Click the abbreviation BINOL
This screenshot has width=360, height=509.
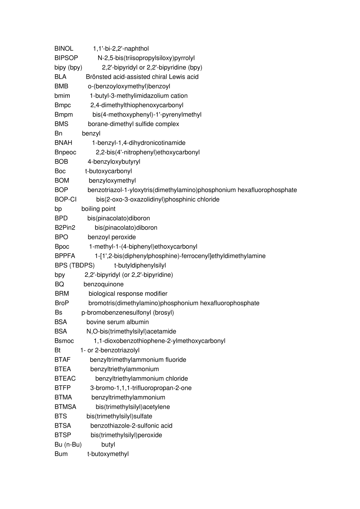click(64, 48)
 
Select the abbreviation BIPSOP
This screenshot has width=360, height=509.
click(66, 58)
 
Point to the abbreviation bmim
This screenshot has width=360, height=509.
click(62, 96)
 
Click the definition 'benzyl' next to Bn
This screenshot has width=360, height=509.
click(91, 133)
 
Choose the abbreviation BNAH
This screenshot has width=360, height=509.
click(63, 143)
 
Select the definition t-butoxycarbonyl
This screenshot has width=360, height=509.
click(108, 171)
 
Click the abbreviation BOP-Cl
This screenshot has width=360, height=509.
click(66, 200)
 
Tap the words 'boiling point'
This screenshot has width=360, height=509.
click(98, 209)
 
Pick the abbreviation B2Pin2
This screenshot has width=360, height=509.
click(65, 228)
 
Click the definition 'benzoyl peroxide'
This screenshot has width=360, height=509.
click(111, 237)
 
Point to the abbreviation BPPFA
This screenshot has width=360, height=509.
click(65, 256)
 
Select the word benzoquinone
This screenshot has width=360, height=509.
click(103, 284)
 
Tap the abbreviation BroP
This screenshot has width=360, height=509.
click(62, 303)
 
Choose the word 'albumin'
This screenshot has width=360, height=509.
click(138, 322)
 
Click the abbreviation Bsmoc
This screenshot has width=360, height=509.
click(64, 341)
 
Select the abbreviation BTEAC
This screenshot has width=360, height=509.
click(65, 378)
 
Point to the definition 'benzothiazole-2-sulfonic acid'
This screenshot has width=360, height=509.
click(131, 426)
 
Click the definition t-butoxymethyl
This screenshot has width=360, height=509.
click(108, 454)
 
